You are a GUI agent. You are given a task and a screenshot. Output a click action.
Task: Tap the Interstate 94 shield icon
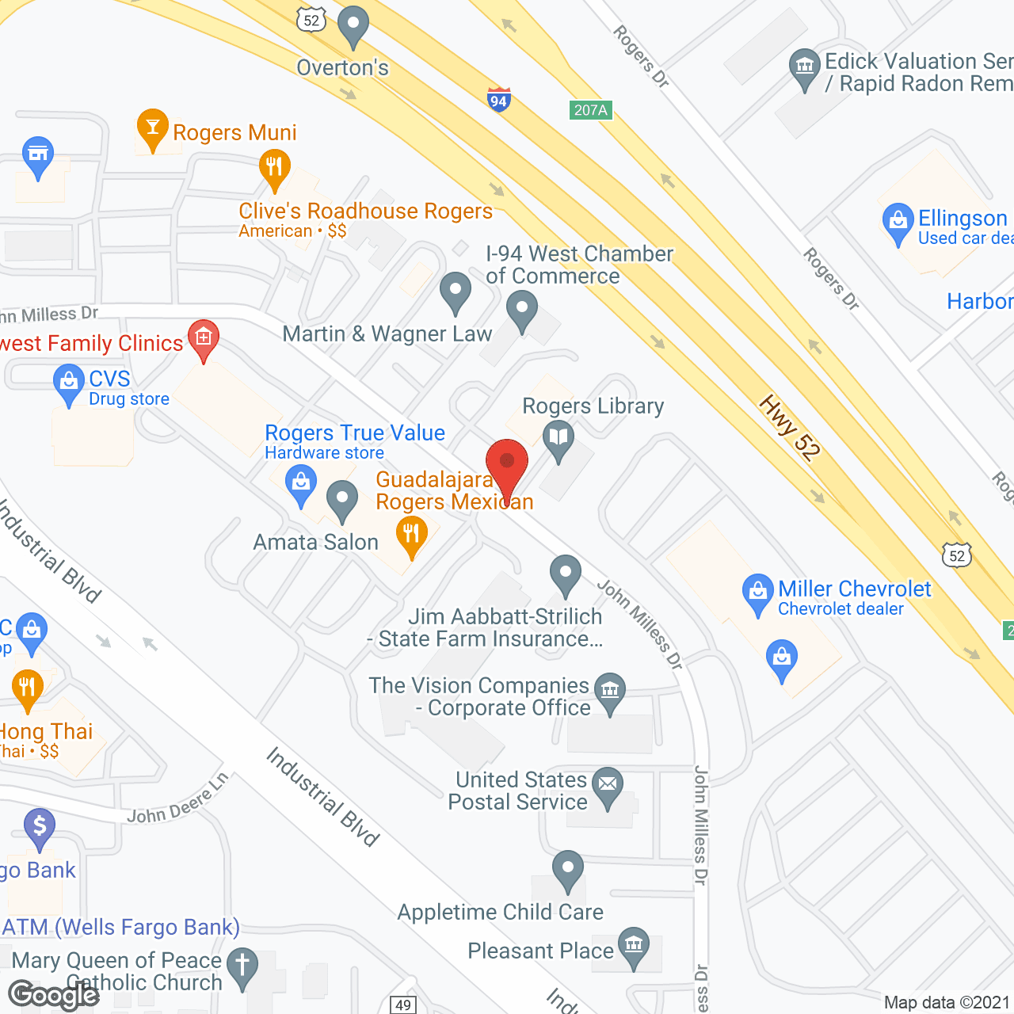coord(498,99)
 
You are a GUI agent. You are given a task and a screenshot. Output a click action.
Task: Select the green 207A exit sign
coord(591,110)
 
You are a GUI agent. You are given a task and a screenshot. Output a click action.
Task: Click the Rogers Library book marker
coord(558,437)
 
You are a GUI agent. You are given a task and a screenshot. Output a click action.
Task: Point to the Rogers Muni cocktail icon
coord(152,127)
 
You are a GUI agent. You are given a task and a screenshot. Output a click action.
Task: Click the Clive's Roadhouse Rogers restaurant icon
coord(275,167)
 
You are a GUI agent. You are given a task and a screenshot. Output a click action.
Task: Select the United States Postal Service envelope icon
coord(608,784)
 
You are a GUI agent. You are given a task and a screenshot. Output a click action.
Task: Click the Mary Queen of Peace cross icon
coord(242,966)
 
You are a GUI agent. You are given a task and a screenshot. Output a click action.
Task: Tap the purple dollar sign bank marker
coord(40,826)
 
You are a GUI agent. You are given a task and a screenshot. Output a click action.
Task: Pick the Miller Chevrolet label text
coord(854,589)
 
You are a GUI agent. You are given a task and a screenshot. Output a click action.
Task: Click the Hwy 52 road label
coord(790,428)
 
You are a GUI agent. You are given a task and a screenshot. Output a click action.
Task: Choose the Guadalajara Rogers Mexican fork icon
coord(411,534)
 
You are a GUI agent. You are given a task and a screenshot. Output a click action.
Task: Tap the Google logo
coord(53,995)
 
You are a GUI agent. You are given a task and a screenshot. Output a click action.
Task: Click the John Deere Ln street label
coord(177,799)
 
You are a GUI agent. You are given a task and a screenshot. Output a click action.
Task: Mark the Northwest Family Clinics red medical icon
coord(204,338)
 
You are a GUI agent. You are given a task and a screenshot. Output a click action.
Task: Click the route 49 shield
coord(403,1005)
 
